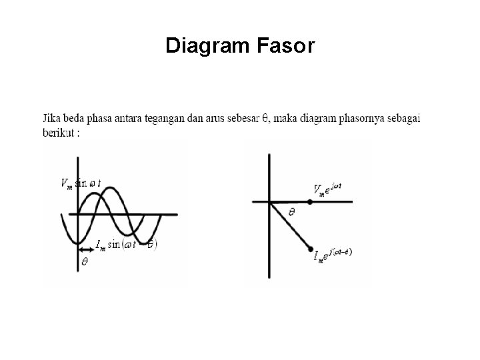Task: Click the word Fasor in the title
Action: [286, 46]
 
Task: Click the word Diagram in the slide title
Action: [207, 46]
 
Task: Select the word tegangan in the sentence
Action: [180, 119]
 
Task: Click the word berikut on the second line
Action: [60, 131]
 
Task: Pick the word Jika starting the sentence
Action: [53, 119]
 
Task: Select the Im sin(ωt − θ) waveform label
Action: [127, 245]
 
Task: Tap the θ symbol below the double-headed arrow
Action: [84, 263]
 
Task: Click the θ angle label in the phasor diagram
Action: [292, 212]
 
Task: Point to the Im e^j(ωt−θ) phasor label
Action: [333, 254]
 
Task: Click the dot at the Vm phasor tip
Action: [308, 200]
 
